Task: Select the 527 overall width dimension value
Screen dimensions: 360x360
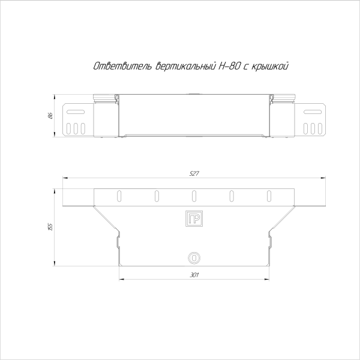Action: [x=194, y=173]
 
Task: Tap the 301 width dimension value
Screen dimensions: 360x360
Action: [x=194, y=275]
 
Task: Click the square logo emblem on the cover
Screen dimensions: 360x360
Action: [x=194, y=219]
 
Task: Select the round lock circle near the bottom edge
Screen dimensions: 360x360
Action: [x=194, y=257]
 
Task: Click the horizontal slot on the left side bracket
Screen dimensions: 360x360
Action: [x=75, y=112]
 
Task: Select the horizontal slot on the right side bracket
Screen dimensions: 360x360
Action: [x=313, y=112]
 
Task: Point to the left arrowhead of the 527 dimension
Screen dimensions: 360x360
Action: [x=65, y=178]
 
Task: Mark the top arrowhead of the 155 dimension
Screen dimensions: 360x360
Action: [x=56, y=189]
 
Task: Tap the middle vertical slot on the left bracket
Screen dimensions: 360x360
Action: [x=75, y=128]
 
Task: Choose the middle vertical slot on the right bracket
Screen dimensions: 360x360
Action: [x=313, y=128]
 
